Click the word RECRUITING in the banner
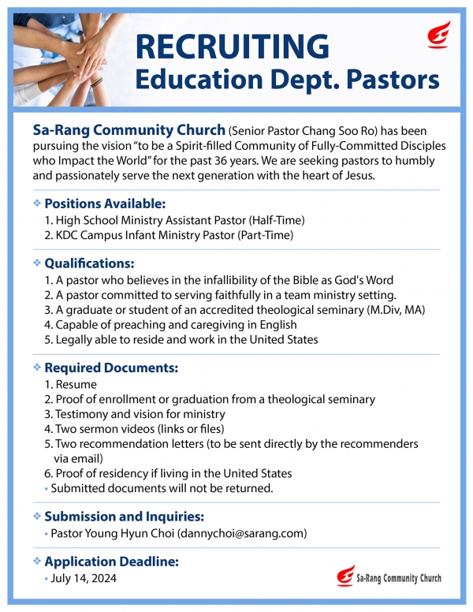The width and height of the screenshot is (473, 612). [x=233, y=46]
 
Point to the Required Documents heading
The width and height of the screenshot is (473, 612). [x=111, y=368]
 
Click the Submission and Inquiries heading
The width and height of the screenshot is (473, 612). [x=125, y=517]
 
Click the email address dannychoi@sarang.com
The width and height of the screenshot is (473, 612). [x=244, y=534]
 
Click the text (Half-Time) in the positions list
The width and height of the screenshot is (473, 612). [x=277, y=220]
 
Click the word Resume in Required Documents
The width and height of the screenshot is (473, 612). [x=76, y=384]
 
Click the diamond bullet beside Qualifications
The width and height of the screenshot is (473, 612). [x=37, y=263]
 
